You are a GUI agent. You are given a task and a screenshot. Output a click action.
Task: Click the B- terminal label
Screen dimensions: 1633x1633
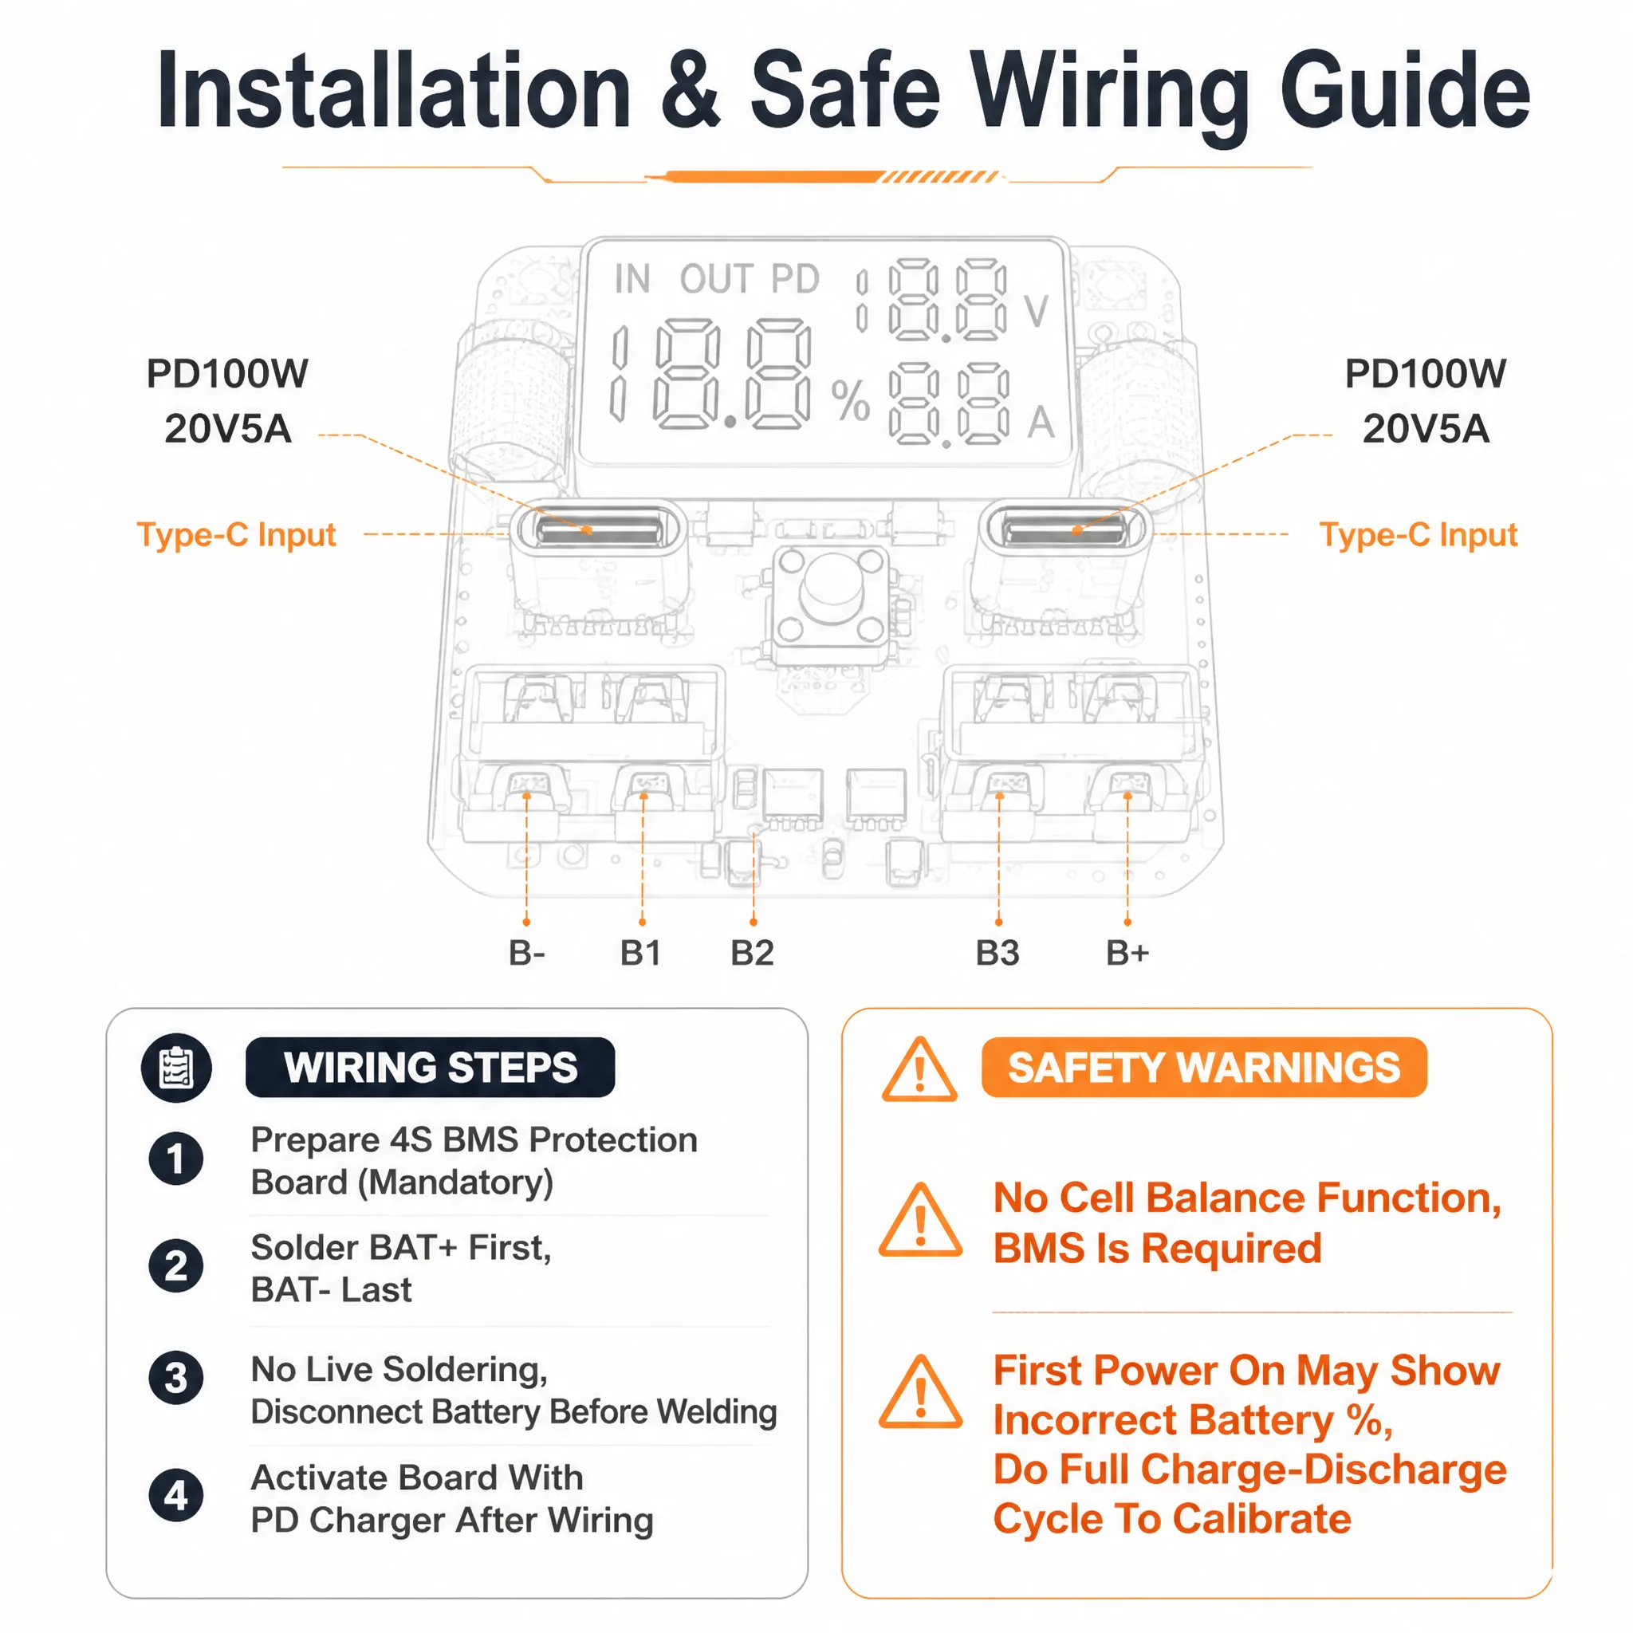(526, 953)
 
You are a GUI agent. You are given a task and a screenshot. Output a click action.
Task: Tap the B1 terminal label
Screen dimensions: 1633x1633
(641, 953)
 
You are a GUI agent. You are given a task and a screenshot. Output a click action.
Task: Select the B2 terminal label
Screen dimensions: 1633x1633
(752, 953)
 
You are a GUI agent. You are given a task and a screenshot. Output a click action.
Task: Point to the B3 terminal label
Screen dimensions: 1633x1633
(998, 953)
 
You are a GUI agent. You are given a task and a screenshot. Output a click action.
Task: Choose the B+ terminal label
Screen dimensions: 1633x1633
(1127, 953)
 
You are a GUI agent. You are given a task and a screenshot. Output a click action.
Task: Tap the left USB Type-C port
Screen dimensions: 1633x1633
(599, 530)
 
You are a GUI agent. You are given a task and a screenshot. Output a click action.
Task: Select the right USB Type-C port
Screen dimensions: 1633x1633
(1064, 530)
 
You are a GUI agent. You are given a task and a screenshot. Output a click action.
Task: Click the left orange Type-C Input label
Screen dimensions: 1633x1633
(237, 535)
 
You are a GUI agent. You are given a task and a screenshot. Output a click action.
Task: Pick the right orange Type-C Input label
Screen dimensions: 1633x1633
(1419, 535)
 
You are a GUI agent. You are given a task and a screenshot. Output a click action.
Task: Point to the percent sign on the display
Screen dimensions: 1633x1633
(850, 399)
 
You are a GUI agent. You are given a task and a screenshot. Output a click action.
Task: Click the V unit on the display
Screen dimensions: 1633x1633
(1037, 311)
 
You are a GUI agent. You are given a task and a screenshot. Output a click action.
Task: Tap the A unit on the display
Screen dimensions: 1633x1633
(1041, 422)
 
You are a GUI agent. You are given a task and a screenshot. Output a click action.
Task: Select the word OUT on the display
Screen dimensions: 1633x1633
(716, 279)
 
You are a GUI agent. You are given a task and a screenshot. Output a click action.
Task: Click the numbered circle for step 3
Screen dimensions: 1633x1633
(175, 1377)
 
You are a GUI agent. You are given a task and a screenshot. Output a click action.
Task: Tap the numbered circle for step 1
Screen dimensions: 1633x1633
(175, 1158)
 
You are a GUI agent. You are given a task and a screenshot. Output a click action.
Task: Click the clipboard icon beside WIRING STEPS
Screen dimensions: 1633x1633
(175, 1068)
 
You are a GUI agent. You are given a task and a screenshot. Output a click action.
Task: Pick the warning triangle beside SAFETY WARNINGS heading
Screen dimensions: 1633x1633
(919, 1070)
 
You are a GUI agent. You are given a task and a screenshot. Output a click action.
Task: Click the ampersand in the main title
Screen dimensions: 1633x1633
(691, 90)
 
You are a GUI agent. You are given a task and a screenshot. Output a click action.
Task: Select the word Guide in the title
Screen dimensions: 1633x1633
(1405, 90)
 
